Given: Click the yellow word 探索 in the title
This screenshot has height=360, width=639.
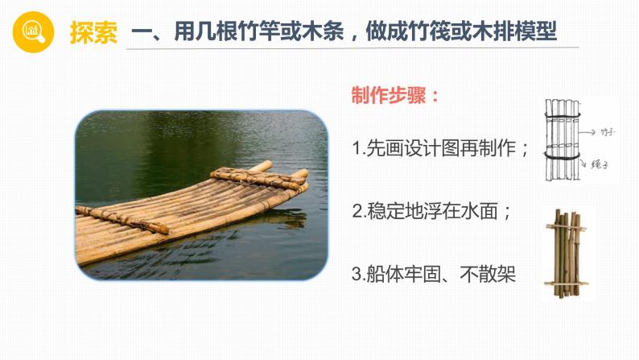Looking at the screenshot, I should coord(93,33).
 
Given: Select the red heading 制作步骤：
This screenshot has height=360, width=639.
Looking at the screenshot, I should coord(395,94).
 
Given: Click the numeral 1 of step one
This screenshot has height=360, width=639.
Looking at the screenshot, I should coord(357,149).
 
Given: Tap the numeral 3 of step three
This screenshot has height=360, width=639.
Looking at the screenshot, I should coord(357,275).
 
